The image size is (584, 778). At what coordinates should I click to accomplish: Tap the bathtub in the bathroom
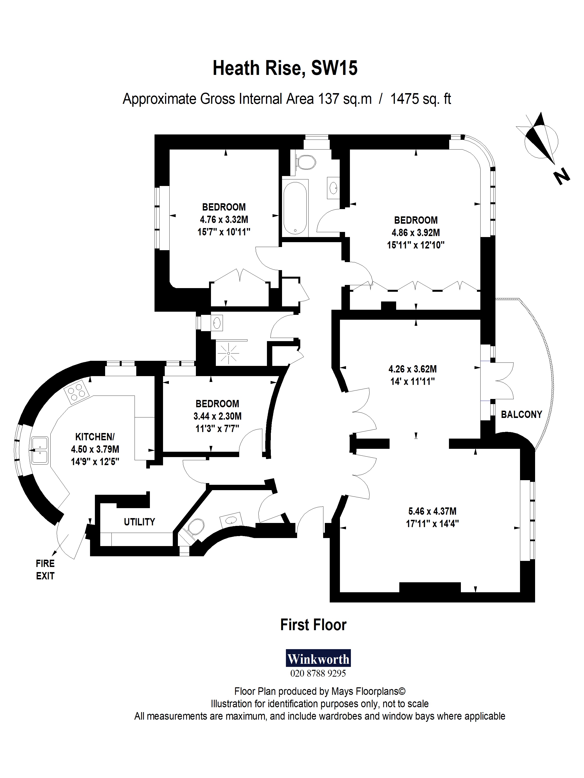295,208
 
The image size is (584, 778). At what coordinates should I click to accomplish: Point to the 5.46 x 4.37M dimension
432,511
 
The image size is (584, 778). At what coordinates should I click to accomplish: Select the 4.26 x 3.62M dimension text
412,369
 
